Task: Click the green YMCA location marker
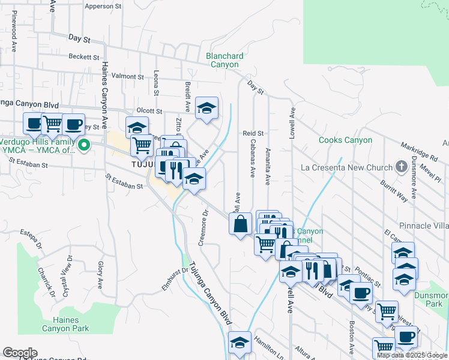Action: [x=85, y=145]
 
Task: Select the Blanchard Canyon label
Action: [x=224, y=61]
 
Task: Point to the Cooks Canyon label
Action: [x=345, y=140]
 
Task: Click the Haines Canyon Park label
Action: [x=65, y=324]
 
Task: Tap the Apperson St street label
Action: [x=103, y=7]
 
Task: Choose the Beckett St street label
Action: [x=83, y=57]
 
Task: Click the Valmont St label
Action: [x=128, y=76]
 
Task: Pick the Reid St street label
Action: [x=253, y=133]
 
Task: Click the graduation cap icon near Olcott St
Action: [x=206, y=108]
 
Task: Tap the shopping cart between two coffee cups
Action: [x=52, y=124]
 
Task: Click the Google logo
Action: [x=20, y=353]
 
